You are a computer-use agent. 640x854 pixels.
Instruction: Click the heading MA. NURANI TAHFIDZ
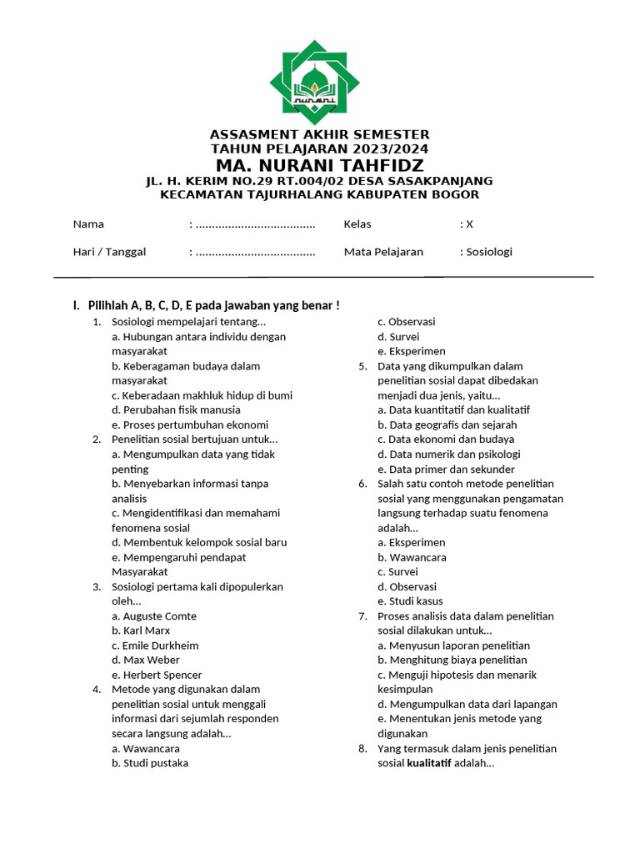[319, 165]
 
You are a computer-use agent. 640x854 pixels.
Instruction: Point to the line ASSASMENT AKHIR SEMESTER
[319, 134]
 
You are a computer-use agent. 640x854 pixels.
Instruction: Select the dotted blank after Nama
[255, 224]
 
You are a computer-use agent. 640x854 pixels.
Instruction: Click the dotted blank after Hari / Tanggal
[255, 252]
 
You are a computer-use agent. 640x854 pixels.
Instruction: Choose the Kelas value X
[469, 224]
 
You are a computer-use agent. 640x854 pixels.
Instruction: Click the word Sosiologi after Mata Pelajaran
[489, 252]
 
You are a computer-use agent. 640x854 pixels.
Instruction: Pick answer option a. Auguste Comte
[154, 616]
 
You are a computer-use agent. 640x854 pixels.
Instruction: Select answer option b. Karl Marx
[141, 630]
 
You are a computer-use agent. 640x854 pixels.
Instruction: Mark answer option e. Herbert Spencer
[157, 675]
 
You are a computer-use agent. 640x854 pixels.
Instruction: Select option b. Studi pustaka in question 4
[150, 762]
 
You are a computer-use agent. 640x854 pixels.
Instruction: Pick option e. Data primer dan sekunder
[446, 469]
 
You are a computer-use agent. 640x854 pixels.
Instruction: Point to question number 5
[362, 366]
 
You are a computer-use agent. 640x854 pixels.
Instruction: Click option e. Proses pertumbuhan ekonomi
[190, 424]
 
